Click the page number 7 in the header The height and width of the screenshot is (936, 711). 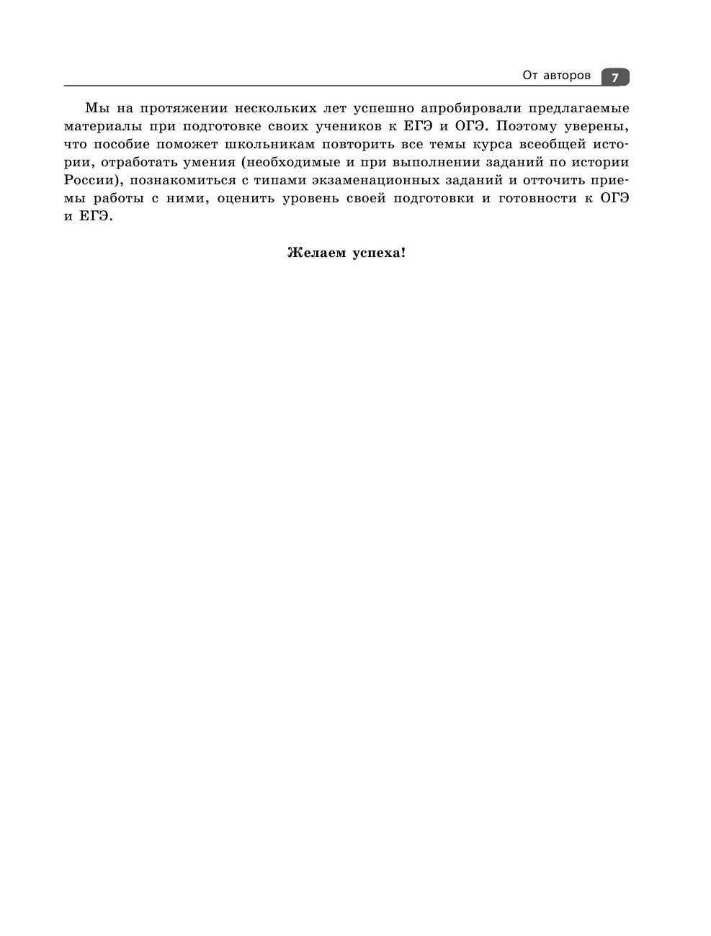pyautogui.click(x=614, y=77)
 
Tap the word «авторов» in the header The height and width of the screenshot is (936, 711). pyautogui.click(x=566, y=76)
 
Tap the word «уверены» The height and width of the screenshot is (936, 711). pyautogui.click(x=599, y=127)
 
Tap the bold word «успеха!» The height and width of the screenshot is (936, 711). pyautogui.click(x=379, y=253)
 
